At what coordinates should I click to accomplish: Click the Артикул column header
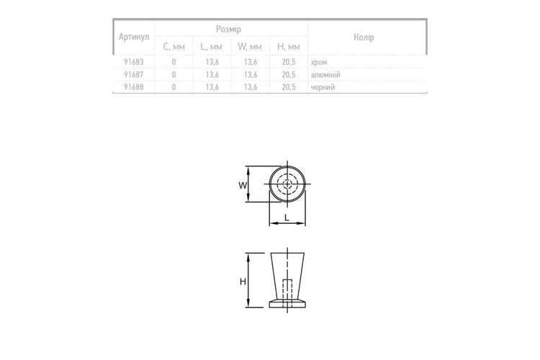click(x=134, y=37)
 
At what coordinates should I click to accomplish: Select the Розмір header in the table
click(x=228, y=30)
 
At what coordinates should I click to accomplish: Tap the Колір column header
click(x=364, y=37)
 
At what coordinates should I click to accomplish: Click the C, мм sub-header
click(x=174, y=47)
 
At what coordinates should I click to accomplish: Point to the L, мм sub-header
click(x=212, y=47)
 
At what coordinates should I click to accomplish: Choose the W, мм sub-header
click(x=250, y=47)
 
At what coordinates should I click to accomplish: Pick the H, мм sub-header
click(x=289, y=47)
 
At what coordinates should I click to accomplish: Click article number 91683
click(x=134, y=63)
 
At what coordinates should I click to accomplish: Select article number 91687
click(x=134, y=75)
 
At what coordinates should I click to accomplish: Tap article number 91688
click(x=134, y=87)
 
